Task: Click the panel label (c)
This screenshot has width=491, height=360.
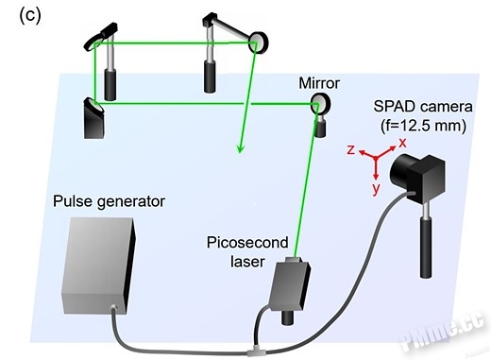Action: coord(30,16)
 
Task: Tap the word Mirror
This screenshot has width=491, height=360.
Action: coord(319,83)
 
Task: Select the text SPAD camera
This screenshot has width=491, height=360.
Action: coord(423,107)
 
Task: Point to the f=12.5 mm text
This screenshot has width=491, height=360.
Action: coord(423,126)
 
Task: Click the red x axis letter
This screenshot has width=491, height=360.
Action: coord(402,143)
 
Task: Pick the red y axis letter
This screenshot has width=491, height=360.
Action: coord(376,189)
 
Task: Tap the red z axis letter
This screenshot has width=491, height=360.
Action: coord(351,149)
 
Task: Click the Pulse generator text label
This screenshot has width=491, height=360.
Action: coord(109,201)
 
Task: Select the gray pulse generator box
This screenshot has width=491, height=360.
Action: coord(99,266)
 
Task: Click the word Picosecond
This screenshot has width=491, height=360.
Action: coord(247,243)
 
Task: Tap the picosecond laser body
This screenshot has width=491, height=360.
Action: coord(290,285)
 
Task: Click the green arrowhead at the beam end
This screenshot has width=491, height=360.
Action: coord(241,148)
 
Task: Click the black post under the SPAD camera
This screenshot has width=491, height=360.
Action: coord(425,248)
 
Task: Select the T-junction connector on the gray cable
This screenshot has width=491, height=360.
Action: coord(254,351)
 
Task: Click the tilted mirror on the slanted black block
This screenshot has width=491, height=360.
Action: coord(93,105)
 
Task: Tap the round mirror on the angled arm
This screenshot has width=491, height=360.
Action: coord(259,43)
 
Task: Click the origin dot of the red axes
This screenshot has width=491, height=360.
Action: coord(376,158)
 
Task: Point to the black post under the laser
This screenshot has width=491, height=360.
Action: coord(288,317)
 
